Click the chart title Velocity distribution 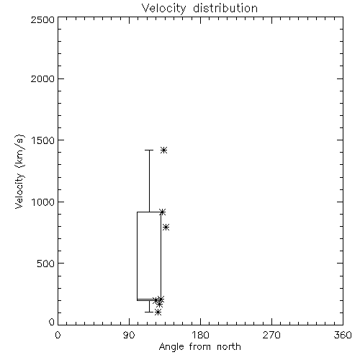[x=199, y=9]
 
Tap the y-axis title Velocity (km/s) [x=19, y=171]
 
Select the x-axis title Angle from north [x=199, y=347]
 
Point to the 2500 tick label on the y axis [x=42, y=19]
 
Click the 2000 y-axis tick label [x=42, y=78]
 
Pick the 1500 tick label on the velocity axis [x=43, y=140]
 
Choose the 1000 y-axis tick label [x=43, y=202]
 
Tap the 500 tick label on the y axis [x=46, y=264]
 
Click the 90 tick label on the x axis [x=129, y=335]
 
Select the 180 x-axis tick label [x=200, y=335]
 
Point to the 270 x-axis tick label [x=271, y=335]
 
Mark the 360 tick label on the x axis [x=343, y=335]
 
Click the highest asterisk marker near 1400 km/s [x=163, y=150]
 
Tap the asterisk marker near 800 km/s [x=166, y=227]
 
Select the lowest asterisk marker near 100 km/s [x=158, y=312]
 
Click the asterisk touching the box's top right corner [x=163, y=212]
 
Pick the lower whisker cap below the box [x=149, y=312]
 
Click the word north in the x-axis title [x=229, y=347]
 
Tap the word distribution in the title [x=225, y=9]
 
